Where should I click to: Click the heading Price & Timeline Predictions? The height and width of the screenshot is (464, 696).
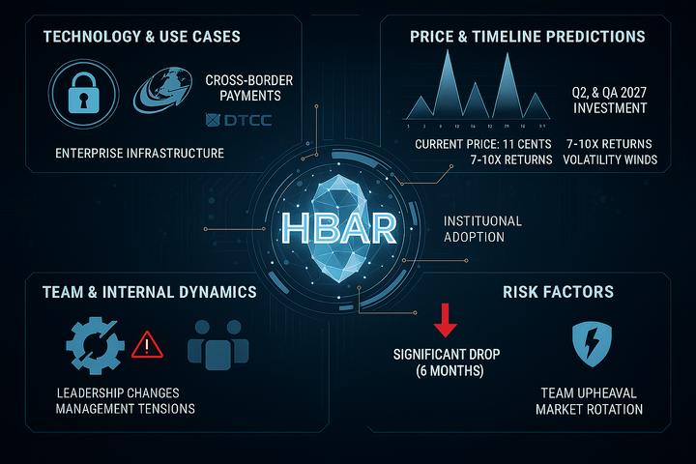pos(528,37)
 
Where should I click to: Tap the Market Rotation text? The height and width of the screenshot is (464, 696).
pos(589,409)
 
